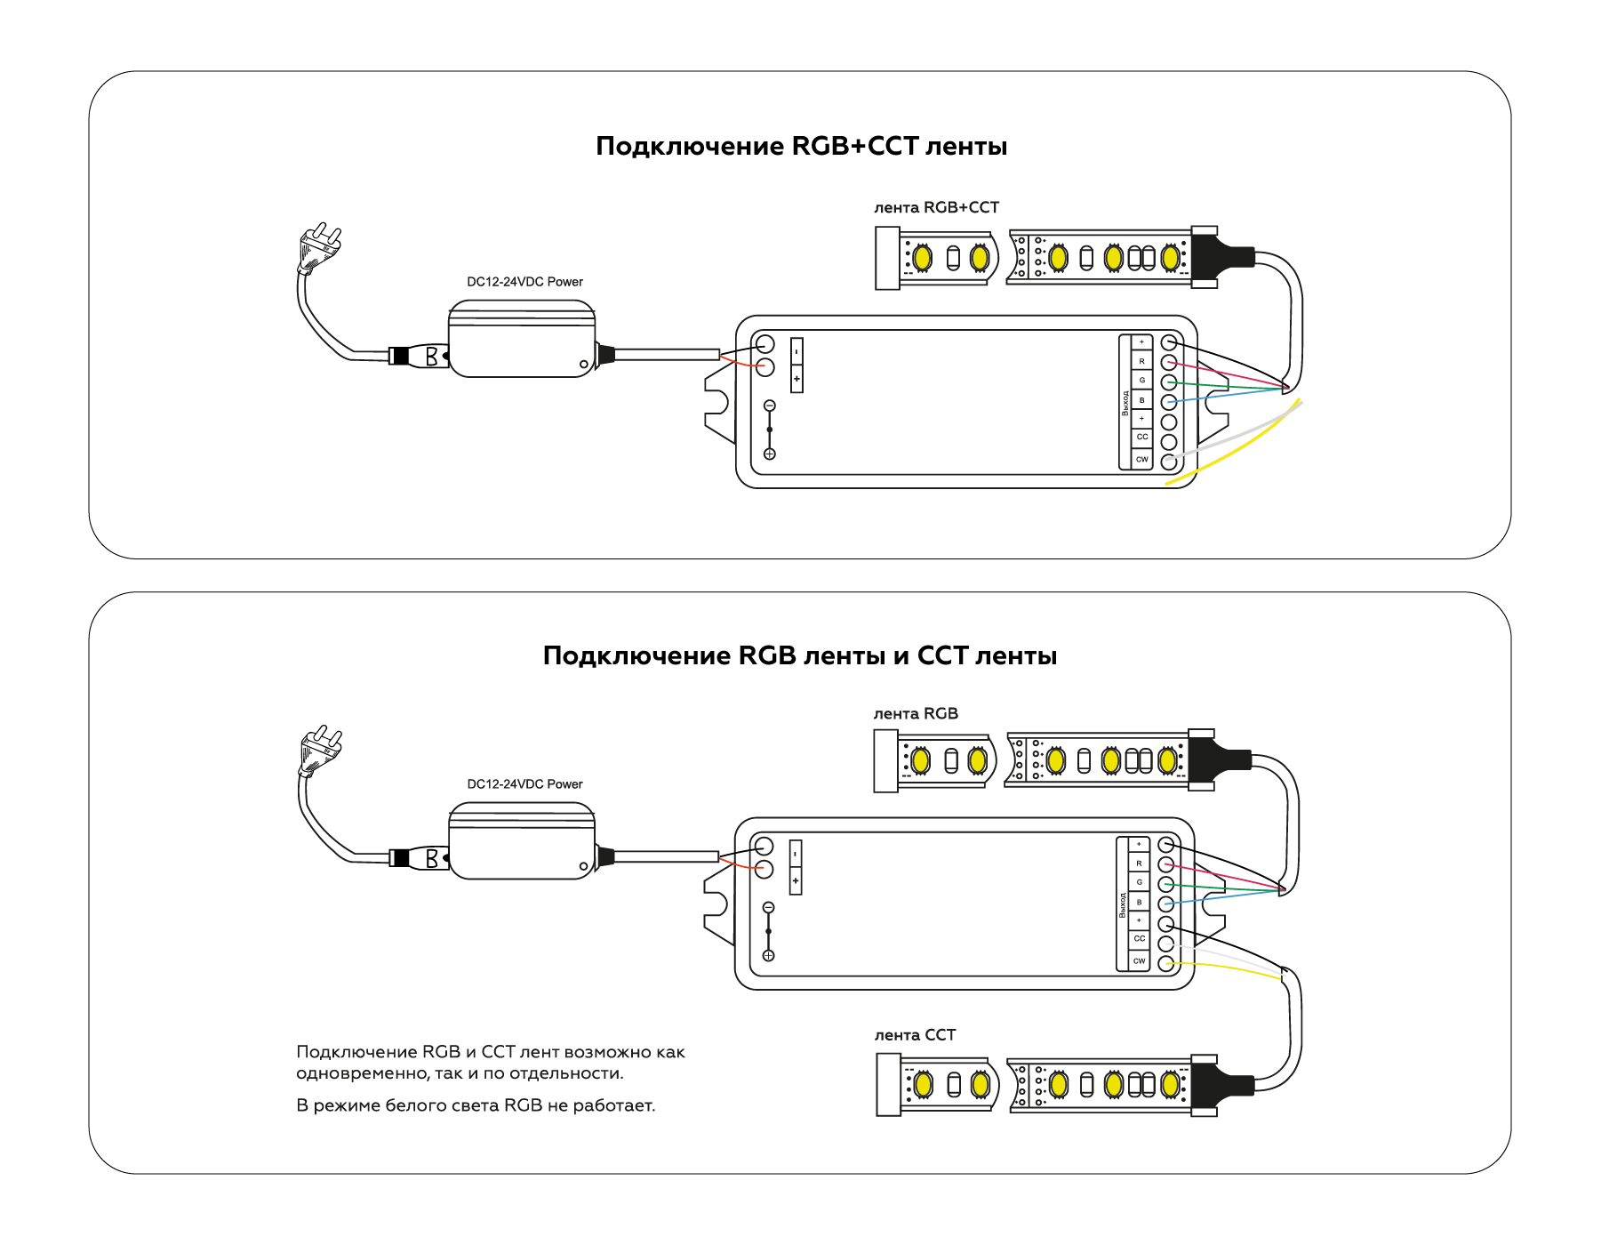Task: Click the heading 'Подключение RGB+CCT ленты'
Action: click(x=801, y=146)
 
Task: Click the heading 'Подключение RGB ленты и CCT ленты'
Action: click(x=799, y=655)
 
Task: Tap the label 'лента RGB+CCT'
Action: click(x=936, y=207)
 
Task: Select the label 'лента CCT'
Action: click(x=915, y=1035)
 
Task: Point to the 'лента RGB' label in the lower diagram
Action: click(x=916, y=713)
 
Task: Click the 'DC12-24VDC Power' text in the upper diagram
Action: click(x=524, y=282)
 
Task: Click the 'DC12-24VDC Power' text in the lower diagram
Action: click(x=524, y=784)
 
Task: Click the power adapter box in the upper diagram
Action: click(x=522, y=339)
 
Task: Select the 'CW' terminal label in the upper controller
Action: click(x=1141, y=460)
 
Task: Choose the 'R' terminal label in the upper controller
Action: click(x=1141, y=361)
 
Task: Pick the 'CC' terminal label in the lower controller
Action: click(x=1139, y=939)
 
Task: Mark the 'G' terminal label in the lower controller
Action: click(x=1139, y=882)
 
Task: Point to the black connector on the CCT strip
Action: click(x=1220, y=1086)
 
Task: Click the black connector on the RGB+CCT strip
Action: click(x=1220, y=257)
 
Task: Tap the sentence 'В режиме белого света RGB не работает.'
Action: click(x=476, y=1105)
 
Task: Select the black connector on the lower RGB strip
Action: click(x=1217, y=760)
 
